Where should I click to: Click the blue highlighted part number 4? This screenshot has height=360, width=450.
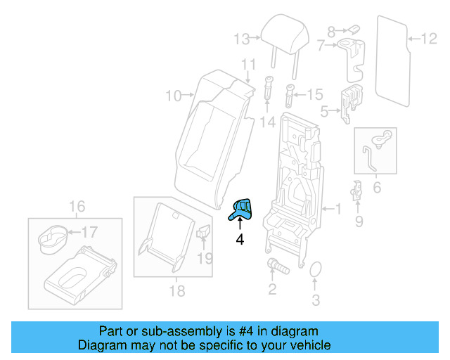(243, 209)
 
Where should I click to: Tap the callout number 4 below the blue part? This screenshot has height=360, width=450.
(240, 240)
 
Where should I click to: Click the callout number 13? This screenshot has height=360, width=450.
(242, 38)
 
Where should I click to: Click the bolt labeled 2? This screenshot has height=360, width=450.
(274, 266)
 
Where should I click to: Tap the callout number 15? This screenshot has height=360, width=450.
(314, 94)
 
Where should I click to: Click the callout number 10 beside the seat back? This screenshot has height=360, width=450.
(174, 94)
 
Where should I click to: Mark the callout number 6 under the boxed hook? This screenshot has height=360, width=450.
(376, 188)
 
